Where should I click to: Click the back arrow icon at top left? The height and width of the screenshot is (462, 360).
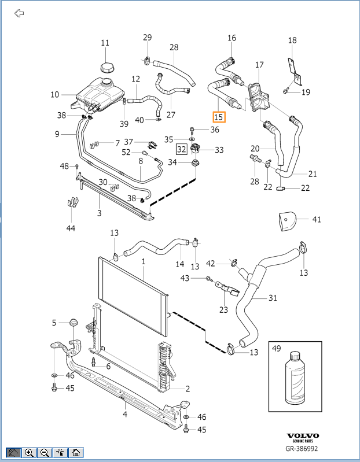(x=19, y=13)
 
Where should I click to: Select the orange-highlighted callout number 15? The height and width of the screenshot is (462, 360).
(x=218, y=117)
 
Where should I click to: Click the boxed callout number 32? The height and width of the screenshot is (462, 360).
(x=182, y=150)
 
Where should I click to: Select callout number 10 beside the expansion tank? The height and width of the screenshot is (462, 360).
(x=54, y=94)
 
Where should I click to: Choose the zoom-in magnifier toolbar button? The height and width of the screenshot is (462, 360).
(x=29, y=453)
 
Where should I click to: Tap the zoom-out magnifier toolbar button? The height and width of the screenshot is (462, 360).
(x=45, y=453)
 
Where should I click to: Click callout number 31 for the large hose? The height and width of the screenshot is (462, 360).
(x=273, y=299)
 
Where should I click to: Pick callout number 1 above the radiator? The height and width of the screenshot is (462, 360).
(x=143, y=261)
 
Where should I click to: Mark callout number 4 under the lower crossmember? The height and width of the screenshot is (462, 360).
(x=124, y=414)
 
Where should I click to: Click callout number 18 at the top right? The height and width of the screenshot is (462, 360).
(x=292, y=40)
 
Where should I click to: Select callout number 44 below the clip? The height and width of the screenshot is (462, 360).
(x=71, y=228)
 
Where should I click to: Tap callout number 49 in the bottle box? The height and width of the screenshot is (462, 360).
(x=275, y=349)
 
